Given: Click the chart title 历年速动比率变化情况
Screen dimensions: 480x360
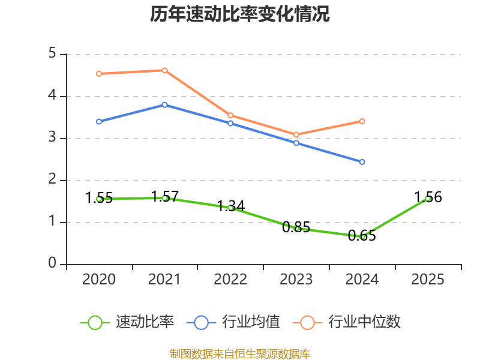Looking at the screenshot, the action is click(x=239, y=14).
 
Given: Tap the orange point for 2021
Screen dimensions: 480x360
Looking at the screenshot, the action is click(x=164, y=70).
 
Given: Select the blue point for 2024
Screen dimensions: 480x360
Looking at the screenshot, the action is click(x=362, y=162).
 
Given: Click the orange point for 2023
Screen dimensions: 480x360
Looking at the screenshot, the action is click(x=296, y=134).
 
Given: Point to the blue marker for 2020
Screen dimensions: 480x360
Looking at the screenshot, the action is click(x=99, y=122).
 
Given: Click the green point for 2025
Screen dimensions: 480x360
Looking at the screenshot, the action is click(x=428, y=199).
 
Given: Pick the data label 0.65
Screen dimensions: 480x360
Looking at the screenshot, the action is click(x=362, y=236).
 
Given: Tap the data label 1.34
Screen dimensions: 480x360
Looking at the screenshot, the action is click(x=231, y=206).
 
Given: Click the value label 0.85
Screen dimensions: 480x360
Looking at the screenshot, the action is click(x=296, y=227).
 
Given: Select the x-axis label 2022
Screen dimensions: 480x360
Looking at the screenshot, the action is click(x=230, y=280).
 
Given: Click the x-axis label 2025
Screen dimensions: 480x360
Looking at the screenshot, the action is click(x=428, y=280).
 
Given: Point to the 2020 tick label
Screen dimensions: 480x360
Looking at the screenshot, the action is click(x=99, y=280).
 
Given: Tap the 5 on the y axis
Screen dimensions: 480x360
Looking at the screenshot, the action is click(x=52, y=53).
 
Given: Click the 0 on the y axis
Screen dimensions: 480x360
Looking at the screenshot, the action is click(x=52, y=263).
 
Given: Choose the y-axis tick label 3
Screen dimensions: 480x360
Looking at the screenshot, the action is click(x=52, y=137).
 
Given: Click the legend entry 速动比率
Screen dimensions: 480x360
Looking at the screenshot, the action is click(x=127, y=322).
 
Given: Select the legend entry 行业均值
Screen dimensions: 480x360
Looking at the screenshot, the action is click(x=233, y=322).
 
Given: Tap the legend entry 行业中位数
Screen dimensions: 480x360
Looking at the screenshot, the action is click(x=347, y=322).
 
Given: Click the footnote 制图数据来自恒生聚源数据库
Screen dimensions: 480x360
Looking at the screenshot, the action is click(x=240, y=354).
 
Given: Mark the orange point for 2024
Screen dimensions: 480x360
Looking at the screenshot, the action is click(x=362, y=122).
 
